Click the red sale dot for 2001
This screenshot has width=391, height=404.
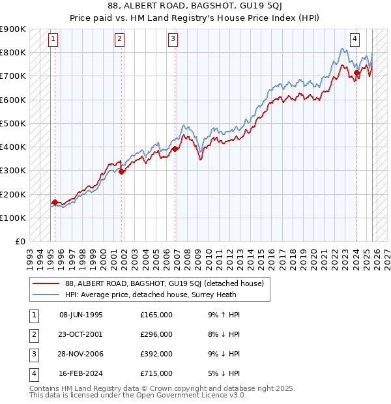click(122, 172)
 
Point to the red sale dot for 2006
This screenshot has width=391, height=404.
click(175, 149)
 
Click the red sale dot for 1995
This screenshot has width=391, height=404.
click(55, 203)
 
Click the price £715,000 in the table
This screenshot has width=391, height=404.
click(156, 373)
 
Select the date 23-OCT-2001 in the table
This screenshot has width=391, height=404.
click(81, 334)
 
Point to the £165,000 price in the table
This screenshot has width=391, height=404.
click(156, 315)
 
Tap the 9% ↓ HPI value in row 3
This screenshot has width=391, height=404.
click(221, 354)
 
